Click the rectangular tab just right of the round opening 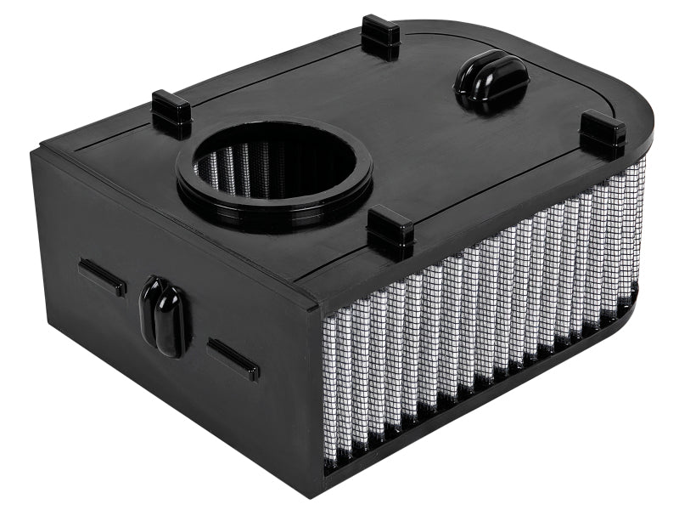[x=390, y=232]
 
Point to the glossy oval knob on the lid [x=491, y=81]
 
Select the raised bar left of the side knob [x=103, y=277]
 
